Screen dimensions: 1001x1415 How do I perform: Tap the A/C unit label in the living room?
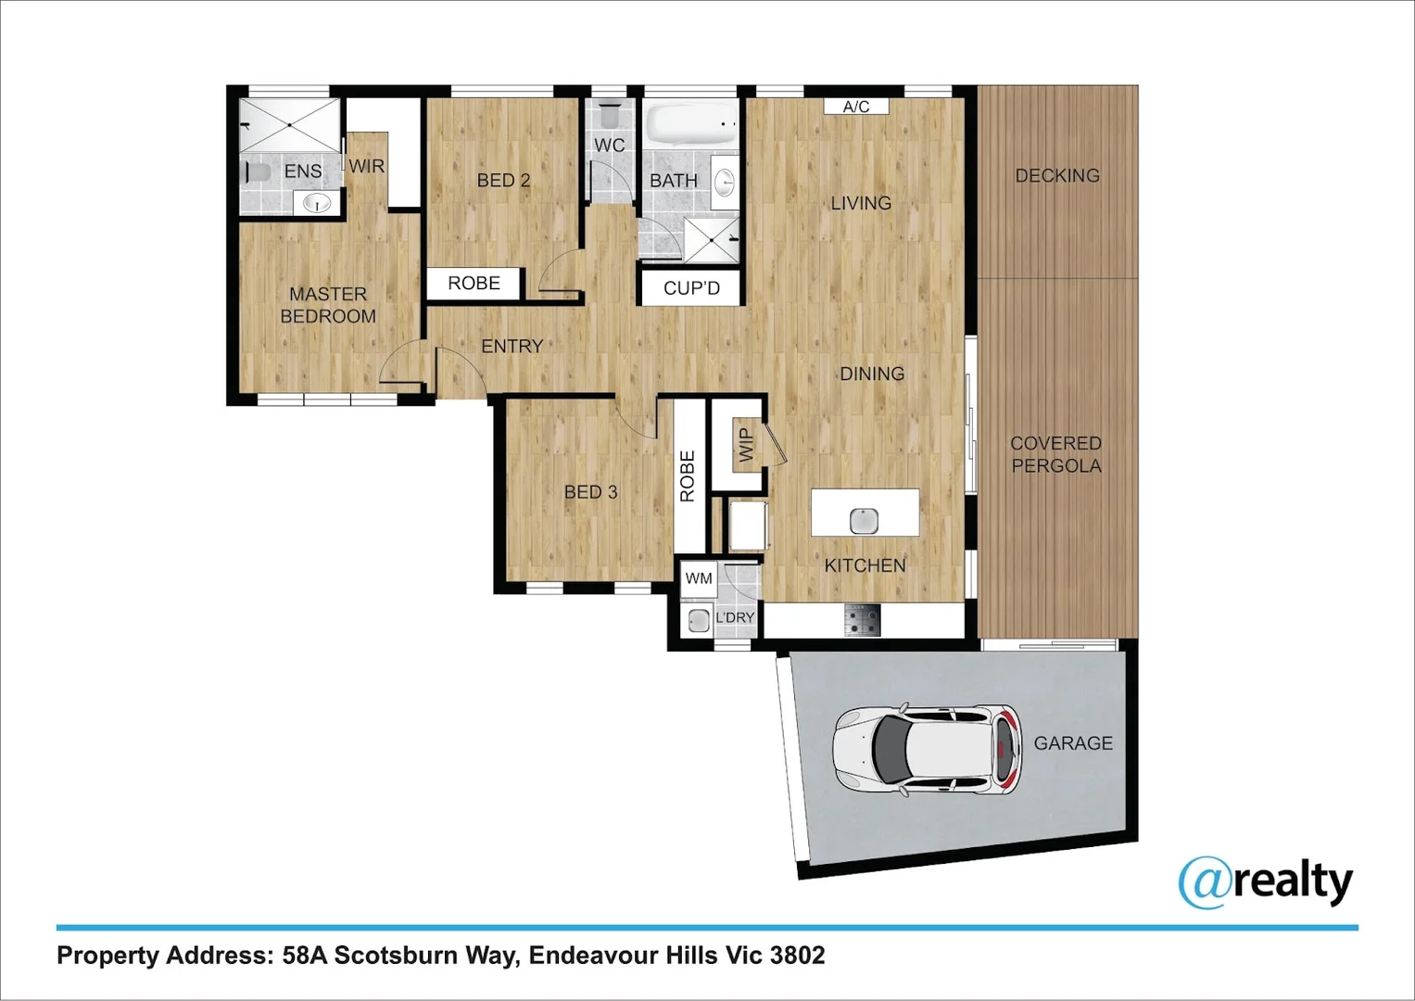[856, 107]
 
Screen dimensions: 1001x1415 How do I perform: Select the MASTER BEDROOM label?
[328, 305]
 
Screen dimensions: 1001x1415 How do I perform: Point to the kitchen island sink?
[865, 521]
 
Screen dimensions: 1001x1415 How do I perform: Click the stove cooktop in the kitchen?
[862, 620]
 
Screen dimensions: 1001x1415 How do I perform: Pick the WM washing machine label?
[699, 578]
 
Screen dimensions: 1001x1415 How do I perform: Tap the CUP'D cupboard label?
[691, 288]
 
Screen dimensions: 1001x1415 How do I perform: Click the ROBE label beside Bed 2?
[474, 284]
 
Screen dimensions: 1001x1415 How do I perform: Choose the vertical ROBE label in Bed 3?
[688, 475]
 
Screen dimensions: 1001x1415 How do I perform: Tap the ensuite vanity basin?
[318, 202]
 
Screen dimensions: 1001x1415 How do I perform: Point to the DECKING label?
[1057, 175]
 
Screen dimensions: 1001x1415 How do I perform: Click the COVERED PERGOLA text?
[1056, 454]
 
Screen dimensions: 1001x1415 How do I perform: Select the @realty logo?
[1266, 881]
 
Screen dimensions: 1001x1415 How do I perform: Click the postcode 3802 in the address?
[797, 955]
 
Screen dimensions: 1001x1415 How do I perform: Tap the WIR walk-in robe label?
[366, 167]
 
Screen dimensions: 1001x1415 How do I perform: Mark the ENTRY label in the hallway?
[512, 346]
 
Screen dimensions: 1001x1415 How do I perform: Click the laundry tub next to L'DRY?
[698, 619]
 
